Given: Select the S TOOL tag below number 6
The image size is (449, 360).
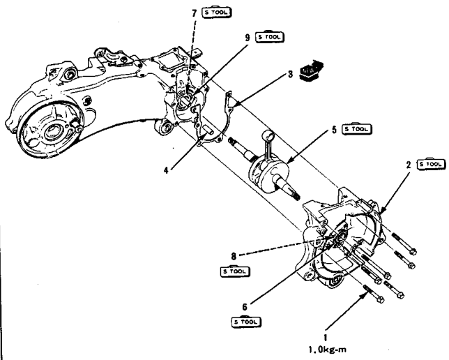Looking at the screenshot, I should click(x=248, y=321).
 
